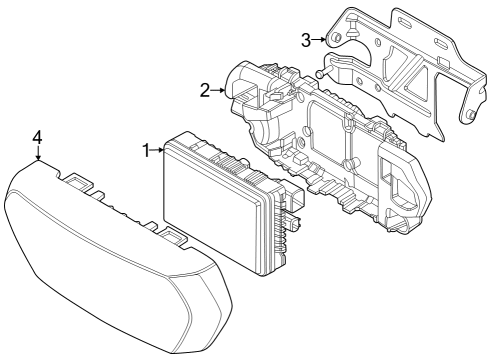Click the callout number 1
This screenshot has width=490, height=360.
[146, 150]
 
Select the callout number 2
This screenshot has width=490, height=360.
[204, 90]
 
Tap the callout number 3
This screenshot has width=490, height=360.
[308, 39]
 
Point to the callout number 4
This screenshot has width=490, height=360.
[37, 135]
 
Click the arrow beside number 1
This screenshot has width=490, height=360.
[158, 150]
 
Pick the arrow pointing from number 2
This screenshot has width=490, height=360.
[217, 90]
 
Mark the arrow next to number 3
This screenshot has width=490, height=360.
[320, 39]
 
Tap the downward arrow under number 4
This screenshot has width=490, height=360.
[38, 153]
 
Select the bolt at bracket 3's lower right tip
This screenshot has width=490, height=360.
[467, 117]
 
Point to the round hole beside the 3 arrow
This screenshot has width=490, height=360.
[336, 38]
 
